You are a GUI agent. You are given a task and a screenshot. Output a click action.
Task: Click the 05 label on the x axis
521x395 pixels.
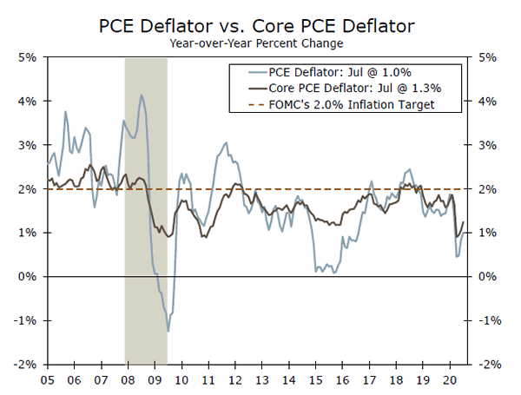tap(47, 380)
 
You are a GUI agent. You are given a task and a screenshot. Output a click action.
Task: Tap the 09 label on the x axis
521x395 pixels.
tap(155, 380)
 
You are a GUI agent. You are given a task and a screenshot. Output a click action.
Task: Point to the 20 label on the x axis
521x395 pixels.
tap(451, 380)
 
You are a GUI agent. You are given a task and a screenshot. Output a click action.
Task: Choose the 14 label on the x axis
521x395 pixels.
tap(289, 380)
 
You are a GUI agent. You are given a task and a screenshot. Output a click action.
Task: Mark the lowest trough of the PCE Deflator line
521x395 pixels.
tap(168, 332)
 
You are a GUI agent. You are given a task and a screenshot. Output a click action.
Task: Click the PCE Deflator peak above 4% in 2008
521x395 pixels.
tap(142, 95)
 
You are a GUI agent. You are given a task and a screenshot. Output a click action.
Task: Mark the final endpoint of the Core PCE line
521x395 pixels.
tap(464, 221)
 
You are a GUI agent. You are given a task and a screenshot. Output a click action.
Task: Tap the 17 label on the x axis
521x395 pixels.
tap(370, 380)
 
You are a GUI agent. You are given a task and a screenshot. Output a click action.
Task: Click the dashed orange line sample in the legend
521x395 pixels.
tap(248, 104)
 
